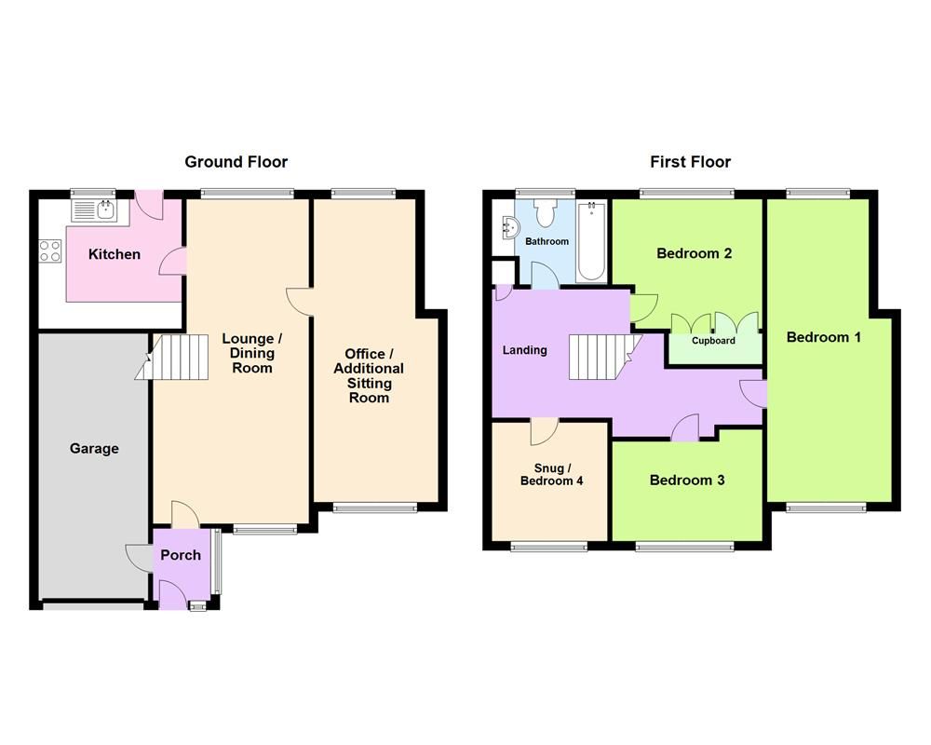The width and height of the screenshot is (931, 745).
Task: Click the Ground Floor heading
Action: [236, 162]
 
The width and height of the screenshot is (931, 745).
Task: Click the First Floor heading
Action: [690, 162]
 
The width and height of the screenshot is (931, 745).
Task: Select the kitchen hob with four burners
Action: [49, 250]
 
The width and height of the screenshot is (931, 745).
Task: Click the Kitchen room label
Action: [115, 254]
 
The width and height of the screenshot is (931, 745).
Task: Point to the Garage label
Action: [94, 449]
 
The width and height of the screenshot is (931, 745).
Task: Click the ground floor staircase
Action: [173, 358]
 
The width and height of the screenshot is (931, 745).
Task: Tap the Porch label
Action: [181, 555]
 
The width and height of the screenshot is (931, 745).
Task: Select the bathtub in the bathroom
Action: [591, 241]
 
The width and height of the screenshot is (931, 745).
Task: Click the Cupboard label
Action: [713, 341]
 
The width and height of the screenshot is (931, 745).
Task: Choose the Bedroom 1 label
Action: [823, 337]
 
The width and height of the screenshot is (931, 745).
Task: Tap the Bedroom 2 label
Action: [694, 253]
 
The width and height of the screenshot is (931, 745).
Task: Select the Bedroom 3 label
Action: [687, 481]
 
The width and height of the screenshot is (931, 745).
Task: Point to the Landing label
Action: [525, 351]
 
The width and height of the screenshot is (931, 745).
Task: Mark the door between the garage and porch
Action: [140, 557]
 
